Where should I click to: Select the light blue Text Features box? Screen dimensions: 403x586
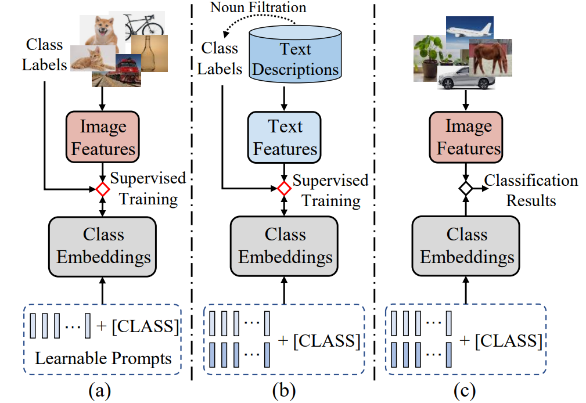(285, 137)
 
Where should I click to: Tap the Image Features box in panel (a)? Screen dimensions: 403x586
(103, 137)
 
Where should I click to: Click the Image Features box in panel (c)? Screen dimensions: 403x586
(468, 137)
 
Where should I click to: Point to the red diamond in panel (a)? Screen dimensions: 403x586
(103, 189)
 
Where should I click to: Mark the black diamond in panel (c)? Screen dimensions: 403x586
(465, 188)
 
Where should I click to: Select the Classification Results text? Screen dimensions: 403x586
(531, 190)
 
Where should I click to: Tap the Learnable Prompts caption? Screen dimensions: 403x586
(103, 358)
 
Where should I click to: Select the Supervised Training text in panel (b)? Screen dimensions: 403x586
(330, 190)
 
